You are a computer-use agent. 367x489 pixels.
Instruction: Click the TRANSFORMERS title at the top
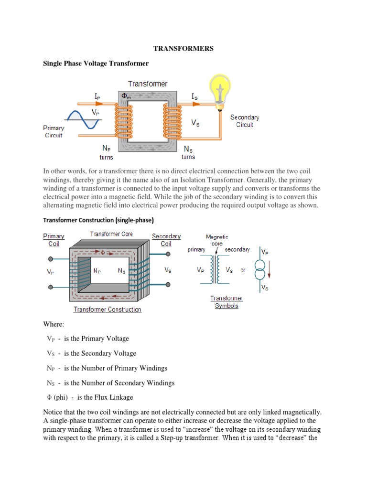pyautogui.click(x=183, y=49)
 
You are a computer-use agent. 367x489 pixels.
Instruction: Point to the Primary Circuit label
pyautogui.click(x=54, y=131)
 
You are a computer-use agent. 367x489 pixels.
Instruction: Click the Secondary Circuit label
pyautogui.click(x=244, y=121)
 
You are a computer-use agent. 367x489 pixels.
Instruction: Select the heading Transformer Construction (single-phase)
pyautogui.click(x=98, y=220)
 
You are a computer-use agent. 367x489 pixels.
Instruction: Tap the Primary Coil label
pyautogui.click(x=54, y=240)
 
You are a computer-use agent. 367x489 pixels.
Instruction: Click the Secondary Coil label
pyautogui.click(x=166, y=240)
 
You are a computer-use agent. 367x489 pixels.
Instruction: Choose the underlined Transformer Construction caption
pyautogui.click(x=107, y=309)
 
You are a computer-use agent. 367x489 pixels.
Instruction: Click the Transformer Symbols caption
pyautogui.click(x=227, y=302)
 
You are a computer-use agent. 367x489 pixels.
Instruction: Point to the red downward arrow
pyautogui.click(x=270, y=269)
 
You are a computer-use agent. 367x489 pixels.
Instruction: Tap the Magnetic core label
pyautogui.click(x=216, y=240)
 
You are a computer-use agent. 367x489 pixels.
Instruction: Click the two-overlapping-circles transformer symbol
pyautogui.click(x=259, y=270)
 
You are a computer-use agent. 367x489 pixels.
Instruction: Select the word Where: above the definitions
pyautogui.click(x=54, y=324)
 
